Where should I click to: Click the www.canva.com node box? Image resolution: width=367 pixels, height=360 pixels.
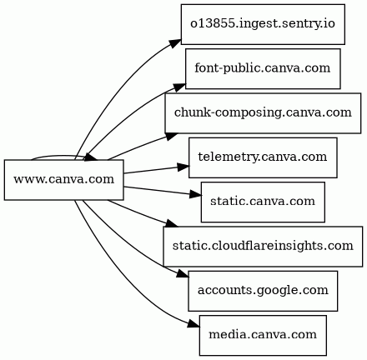tap(63, 180)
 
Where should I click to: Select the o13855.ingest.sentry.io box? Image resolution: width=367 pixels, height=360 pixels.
tap(263, 24)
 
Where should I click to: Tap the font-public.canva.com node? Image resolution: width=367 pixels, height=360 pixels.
tap(263, 68)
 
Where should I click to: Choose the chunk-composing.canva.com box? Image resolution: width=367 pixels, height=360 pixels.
tap(263, 113)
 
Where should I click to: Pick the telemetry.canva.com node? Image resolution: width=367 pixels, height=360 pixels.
tap(263, 157)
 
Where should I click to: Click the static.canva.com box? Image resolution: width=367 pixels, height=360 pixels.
tap(263, 202)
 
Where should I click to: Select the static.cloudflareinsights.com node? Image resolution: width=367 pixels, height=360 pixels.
tap(263, 247)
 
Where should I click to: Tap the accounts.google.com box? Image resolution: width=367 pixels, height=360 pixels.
tap(263, 291)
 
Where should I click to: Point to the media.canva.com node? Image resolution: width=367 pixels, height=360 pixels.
tap(263, 335)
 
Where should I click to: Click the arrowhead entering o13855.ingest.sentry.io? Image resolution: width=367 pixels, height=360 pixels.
tap(175, 44)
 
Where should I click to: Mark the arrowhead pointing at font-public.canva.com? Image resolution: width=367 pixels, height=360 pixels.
tap(180, 87)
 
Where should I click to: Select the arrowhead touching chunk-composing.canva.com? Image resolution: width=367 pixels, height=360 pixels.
tap(172, 136)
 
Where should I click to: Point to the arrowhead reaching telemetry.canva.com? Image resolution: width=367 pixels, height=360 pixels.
tap(183, 167)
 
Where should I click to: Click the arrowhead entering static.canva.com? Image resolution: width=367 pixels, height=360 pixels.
tap(196, 194)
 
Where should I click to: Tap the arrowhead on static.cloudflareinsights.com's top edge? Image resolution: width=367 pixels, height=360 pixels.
tap(172, 223)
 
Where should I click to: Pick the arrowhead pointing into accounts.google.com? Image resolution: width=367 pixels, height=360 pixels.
tap(183, 273)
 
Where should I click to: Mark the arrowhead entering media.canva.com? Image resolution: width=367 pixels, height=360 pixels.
tap(194, 324)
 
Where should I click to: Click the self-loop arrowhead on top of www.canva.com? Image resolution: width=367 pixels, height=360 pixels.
tap(91, 157)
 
